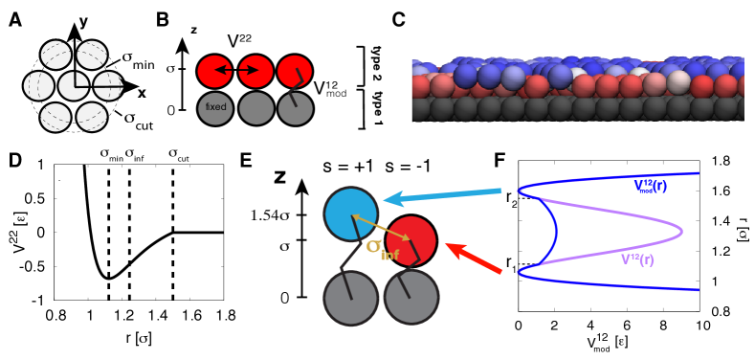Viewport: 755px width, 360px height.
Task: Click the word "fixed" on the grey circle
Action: click(215, 107)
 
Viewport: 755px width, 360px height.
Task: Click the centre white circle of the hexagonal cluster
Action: click(74, 86)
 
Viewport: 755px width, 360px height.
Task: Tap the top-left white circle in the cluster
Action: click(56, 56)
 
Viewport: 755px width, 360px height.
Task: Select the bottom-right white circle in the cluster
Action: click(92, 117)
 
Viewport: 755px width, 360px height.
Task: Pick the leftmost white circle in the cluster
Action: click(38, 86)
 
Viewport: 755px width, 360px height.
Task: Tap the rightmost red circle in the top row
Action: click(295, 72)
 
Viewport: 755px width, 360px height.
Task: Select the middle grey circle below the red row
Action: click(255, 108)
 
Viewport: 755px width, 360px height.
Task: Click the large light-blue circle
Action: click(351, 214)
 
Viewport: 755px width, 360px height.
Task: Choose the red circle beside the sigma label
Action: click(411, 241)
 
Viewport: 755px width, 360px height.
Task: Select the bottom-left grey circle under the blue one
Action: click(351, 298)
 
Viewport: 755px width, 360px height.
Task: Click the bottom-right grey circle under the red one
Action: click(411, 298)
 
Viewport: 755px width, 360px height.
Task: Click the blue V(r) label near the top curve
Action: click(650, 186)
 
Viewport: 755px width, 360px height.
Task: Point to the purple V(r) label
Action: click(636, 259)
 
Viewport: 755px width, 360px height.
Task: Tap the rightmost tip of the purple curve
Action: click(682, 231)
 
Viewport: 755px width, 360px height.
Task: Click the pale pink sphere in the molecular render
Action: click(679, 80)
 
